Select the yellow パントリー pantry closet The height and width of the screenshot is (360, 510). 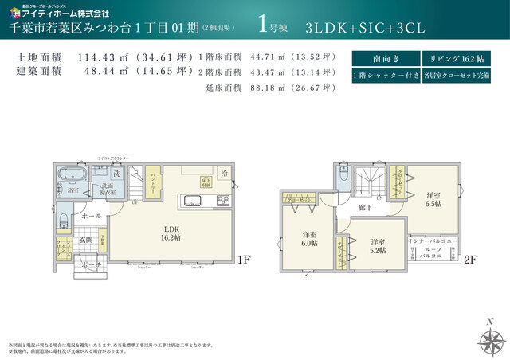click(147, 187)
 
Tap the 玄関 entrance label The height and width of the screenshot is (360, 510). click(86, 239)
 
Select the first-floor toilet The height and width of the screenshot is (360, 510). click(65, 218)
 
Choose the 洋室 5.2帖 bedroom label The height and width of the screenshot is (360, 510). click(378, 246)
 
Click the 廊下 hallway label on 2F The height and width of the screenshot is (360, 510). click(366, 207)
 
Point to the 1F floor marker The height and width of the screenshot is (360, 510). click(244, 259)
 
